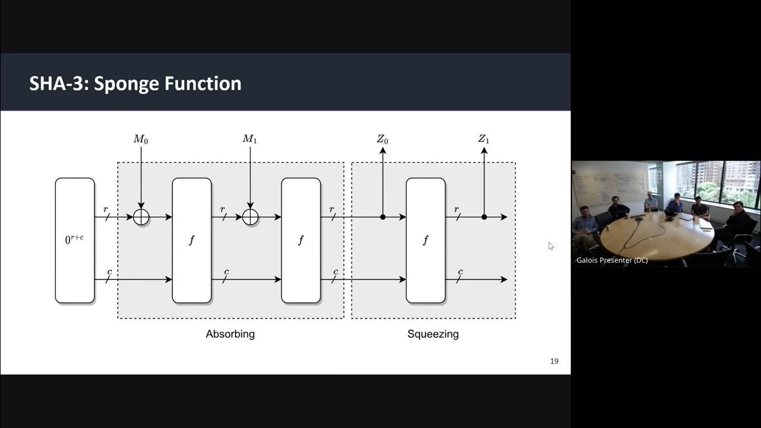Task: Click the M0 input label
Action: point(141,140)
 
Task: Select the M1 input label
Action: point(250,140)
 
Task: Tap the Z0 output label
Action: point(382,140)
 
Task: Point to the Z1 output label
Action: point(484,140)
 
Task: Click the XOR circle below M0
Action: point(141,217)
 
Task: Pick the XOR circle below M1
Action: point(250,217)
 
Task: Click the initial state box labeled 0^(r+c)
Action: point(75,241)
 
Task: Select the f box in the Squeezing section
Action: point(426,241)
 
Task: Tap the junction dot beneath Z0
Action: point(383,217)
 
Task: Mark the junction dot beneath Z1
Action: point(484,217)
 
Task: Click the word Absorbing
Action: point(230,334)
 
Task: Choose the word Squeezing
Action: point(433,334)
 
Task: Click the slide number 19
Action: point(554,361)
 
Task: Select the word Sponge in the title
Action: point(127,83)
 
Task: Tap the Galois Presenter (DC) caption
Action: point(612,260)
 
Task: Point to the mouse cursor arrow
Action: point(551,245)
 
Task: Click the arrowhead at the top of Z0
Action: point(383,151)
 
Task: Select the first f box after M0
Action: point(191,241)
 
